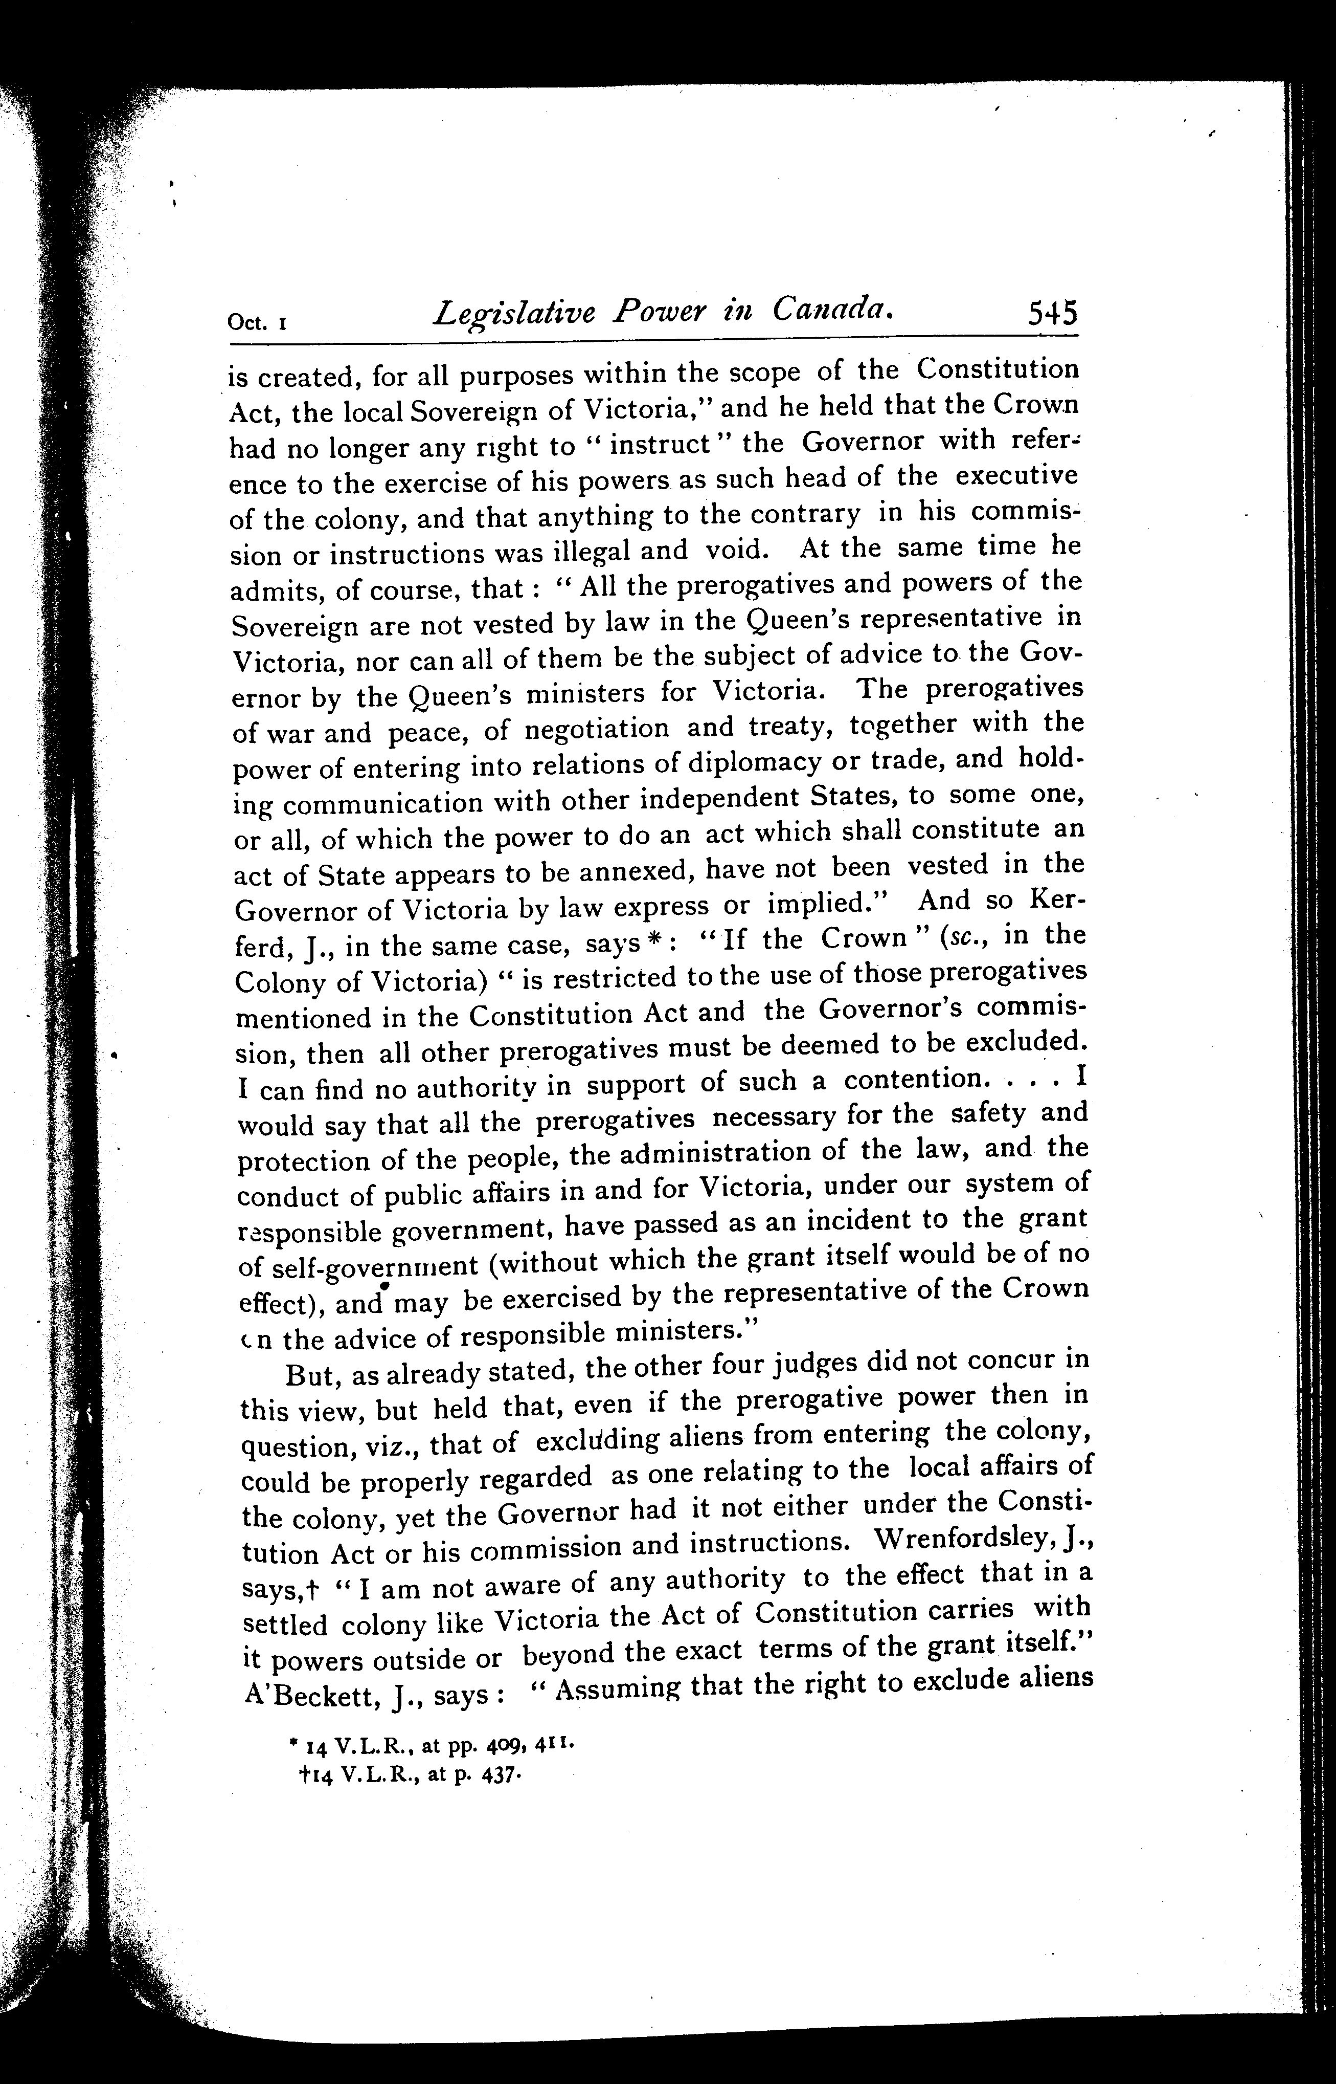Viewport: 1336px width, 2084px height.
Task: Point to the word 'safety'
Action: [x=987, y=1113]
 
